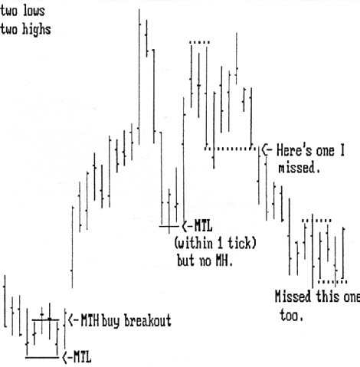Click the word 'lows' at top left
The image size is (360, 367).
tap(34, 11)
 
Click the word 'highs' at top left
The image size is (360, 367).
tap(36, 30)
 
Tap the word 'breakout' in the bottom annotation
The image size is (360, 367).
tap(148, 320)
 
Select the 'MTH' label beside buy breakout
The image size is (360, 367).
tap(90, 320)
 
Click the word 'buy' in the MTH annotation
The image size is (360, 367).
tap(110, 322)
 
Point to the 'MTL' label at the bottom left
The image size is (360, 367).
tap(82, 357)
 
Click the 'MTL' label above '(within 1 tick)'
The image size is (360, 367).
tap(203, 226)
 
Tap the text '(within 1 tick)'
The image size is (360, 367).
tap(215, 244)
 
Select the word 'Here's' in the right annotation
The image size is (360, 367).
tap(294, 150)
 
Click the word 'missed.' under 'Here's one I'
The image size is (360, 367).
tap(299, 168)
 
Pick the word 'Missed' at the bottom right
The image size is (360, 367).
tap(293, 297)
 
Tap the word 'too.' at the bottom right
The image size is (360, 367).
tap(291, 315)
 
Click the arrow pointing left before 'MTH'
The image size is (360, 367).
tap(73, 320)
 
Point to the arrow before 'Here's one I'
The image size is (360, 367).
tap(267, 150)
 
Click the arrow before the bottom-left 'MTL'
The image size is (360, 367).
tap(66, 358)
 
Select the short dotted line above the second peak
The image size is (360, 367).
tap(200, 42)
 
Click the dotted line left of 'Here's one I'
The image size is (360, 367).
tap(231, 149)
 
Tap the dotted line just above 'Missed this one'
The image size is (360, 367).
tap(332, 282)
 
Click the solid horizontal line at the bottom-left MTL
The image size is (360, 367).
tap(42, 358)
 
